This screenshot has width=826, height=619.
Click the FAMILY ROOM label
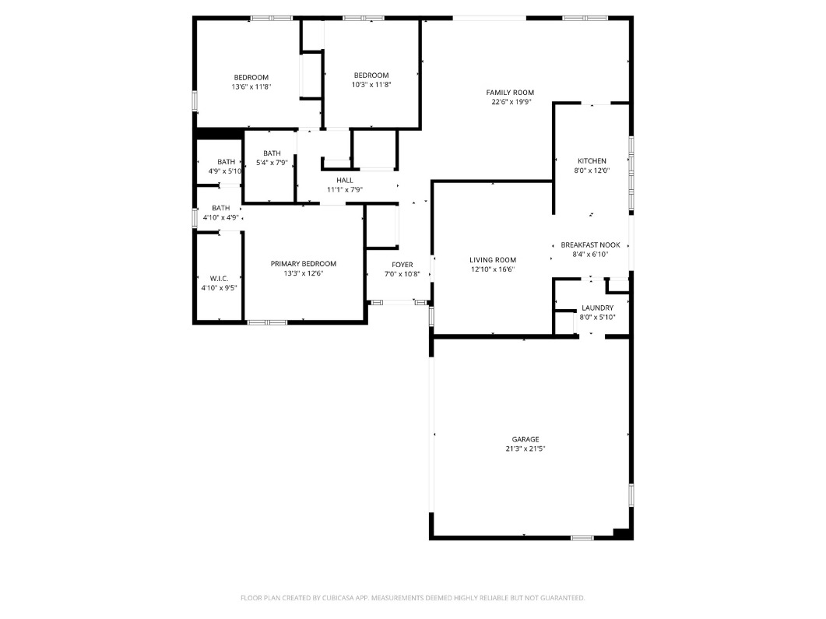click(511, 93)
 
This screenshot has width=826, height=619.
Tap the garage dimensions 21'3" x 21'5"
click(525, 449)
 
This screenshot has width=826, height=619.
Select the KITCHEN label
click(592, 161)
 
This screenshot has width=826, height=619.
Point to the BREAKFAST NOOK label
click(590, 244)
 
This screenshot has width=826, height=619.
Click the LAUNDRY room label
click(597, 308)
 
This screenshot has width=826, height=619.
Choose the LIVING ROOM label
click(492, 260)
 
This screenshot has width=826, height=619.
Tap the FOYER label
click(402, 265)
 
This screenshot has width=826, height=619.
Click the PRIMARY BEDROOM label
click(303, 264)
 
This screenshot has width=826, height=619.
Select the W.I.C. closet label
click(218, 278)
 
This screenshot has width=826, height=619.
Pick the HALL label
click(344, 180)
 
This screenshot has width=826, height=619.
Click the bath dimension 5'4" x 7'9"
click(272, 163)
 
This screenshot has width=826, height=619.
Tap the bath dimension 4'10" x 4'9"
click(221, 218)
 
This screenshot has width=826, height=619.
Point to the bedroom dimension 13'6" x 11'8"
click(251, 87)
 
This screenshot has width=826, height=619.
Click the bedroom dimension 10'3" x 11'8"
click(371, 85)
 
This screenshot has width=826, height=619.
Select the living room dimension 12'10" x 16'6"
click(492, 269)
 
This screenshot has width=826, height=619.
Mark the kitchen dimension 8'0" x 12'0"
click(592, 171)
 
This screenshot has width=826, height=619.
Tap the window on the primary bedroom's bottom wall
click(267, 322)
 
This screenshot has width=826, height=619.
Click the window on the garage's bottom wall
click(582, 537)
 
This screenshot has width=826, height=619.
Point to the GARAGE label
click(525, 439)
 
